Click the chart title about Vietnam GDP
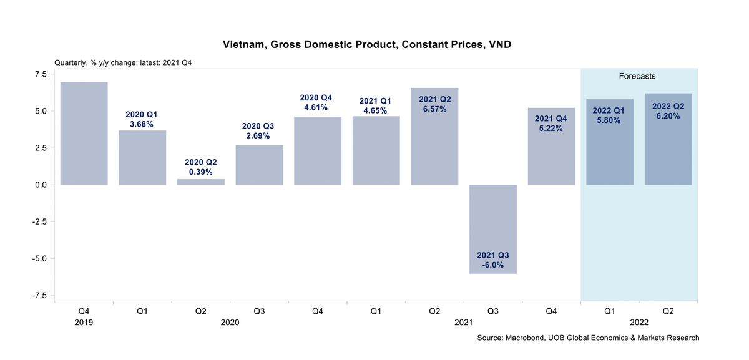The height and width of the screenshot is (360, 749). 371,45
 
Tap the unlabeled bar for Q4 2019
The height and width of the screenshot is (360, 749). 84,134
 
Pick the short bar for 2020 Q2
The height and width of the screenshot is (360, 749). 201,182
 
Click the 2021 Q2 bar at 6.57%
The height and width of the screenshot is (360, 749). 434,144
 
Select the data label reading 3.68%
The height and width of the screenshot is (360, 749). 143,120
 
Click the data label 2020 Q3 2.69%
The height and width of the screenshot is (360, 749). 260,131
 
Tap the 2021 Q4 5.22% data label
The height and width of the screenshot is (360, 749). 551,124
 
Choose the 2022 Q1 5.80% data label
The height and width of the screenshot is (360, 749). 610,115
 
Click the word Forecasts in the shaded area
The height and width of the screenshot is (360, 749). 637,76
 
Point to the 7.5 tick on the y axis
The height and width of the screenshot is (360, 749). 40,74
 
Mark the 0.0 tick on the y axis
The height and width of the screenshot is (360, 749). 40,185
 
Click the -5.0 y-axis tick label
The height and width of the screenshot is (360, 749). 39,258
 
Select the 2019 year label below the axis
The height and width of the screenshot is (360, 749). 84,323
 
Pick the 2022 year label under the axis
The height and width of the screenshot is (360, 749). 639,323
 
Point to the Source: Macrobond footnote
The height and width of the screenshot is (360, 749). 588,338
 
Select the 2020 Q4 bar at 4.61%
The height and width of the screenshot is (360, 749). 318,150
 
